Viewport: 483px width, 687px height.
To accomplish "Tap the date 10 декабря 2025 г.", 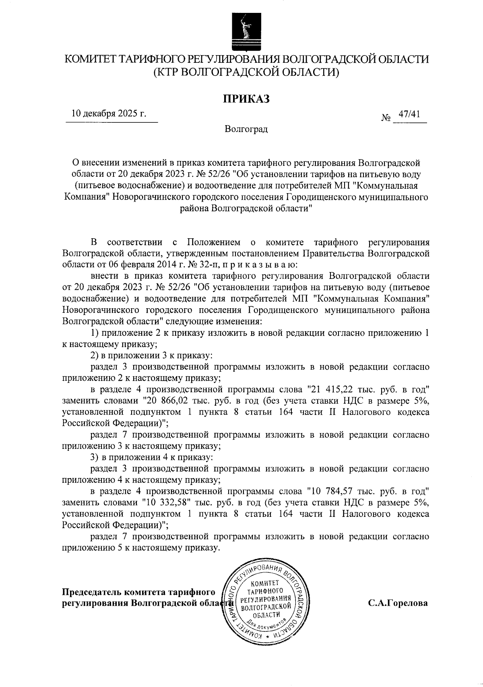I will coord(109,113).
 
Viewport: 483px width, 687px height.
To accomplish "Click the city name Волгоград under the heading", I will coord(246,129).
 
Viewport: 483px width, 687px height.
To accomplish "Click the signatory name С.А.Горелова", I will coord(398,604).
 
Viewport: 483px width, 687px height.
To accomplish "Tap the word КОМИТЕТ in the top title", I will coord(91,60).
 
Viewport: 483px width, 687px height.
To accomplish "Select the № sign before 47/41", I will coord(386,119).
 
